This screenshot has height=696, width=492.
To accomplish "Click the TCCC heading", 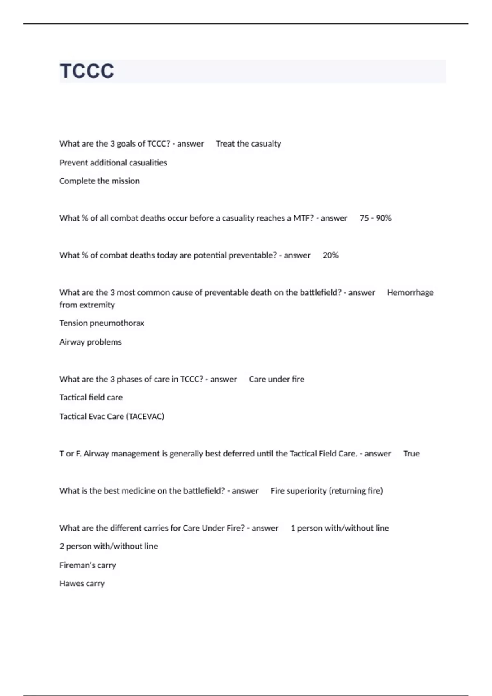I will click(87, 71).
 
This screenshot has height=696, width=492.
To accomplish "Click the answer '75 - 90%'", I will click(375, 218).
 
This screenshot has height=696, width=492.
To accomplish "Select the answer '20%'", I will click(330, 255).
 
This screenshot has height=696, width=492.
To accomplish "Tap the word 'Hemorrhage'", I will click(410, 293).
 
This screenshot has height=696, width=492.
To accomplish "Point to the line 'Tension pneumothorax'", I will click(102, 323).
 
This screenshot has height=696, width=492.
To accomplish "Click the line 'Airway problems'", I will click(90, 342).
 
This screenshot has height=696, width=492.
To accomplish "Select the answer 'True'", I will click(411, 454).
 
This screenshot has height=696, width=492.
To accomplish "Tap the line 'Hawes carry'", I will click(82, 583).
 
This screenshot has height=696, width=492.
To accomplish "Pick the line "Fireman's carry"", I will click(88, 565).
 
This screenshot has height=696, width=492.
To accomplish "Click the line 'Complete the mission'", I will click(99, 181).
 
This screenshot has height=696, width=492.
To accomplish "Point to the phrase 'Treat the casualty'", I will click(248, 144).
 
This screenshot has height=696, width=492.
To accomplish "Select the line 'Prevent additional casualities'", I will click(113, 163).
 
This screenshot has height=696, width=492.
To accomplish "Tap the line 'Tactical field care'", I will click(91, 398).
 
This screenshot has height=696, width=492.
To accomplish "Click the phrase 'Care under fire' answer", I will click(276, 379).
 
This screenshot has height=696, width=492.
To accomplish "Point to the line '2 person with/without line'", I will click(109, 546).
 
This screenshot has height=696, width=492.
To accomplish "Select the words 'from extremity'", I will click(87, 305).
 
